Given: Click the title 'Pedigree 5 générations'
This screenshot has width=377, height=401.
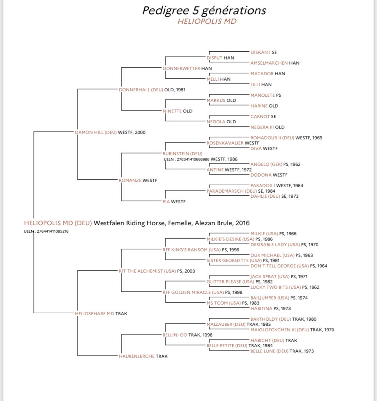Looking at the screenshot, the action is [204, 11].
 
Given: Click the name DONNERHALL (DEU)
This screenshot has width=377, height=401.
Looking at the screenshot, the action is [141, 90].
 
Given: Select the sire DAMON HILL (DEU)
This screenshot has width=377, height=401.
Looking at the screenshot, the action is [96, 132].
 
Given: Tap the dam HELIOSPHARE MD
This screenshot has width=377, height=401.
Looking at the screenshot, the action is [95, 314].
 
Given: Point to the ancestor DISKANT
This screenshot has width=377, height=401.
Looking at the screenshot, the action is [260, 52].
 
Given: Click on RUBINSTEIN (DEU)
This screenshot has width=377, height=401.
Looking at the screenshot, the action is [182, 154].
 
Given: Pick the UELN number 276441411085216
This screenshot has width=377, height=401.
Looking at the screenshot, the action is [53, 231].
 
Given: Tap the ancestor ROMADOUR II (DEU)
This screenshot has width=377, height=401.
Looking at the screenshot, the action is [272, 138].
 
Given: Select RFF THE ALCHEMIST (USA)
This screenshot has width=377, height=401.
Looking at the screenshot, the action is [147, 271].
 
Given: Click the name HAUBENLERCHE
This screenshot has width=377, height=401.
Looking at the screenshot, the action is [136, 356].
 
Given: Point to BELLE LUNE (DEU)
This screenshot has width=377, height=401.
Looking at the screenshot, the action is [269, 351].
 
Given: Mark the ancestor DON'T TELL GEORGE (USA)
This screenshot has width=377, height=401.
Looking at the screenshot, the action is [280, 266].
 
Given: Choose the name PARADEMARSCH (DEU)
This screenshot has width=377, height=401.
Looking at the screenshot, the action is [232, 191].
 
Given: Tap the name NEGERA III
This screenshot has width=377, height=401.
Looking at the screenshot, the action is [262, 127].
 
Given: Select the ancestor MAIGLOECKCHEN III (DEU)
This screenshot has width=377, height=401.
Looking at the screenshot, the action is [280, 330].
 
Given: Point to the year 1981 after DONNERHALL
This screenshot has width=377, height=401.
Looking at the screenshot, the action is [181, 90].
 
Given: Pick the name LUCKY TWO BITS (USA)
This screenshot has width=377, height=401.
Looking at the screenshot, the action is [276, 287].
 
